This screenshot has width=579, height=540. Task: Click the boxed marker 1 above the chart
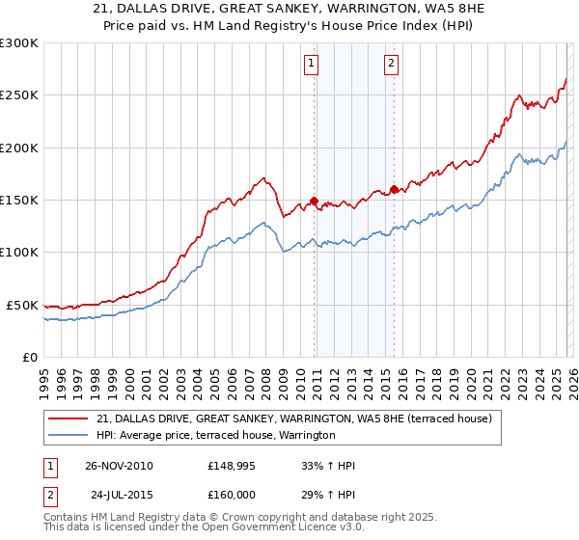(x=312, y=65)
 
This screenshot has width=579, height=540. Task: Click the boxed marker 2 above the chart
(x=392, y=65)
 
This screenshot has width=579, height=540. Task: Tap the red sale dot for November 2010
(x=315, y=201)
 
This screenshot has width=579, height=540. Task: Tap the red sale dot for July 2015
(x=394, y=189)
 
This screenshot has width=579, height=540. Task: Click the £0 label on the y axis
(x=29, y=357)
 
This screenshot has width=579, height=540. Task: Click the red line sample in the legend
(x=68, y=418)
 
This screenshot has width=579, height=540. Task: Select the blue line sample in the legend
(x=68, y=436)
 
